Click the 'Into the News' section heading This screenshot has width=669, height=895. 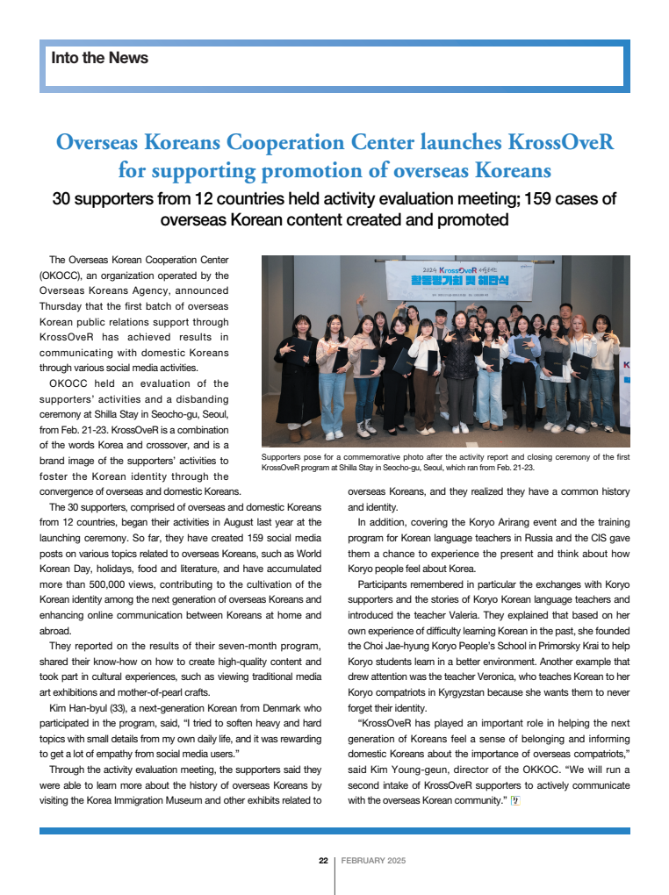pyautogui.click(x=100, y=59)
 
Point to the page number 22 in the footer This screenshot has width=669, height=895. pyautogui.click(x=323, y=861)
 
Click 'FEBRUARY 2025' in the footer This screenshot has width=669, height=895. pyautogui.click(x=373, y=861)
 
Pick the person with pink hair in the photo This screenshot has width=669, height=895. pyautogui.click(x=581, y=360)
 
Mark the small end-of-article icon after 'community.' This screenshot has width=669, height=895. pyautogui.click(x=515, y=800)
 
